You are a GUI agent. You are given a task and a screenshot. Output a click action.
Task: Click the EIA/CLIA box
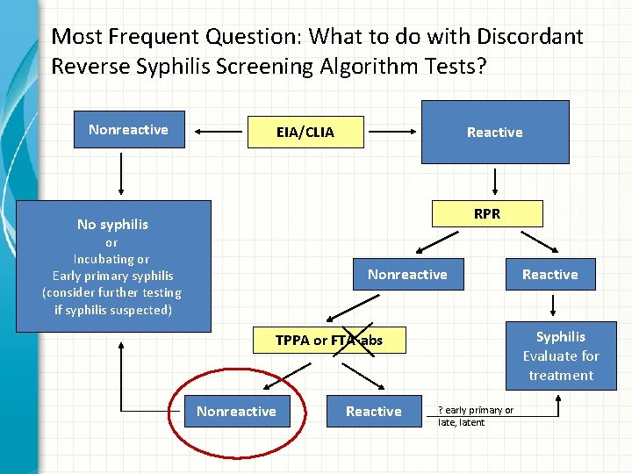pyautogui.click(x=305, y=133)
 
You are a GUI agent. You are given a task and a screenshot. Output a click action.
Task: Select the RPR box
pyautogui.click(x=487, y=213)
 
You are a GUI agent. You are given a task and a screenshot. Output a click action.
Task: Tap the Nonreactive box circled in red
pyautogui.click(x=236, y=412)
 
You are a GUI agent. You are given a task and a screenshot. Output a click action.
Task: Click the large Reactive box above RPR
pyautogui.click(x=494, y=133)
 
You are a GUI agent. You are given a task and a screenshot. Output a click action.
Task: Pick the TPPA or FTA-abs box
pyautogui.click(x=328, y=341)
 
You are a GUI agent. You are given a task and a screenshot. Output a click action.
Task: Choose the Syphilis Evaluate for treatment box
pyautogui.click(x=561, y=355)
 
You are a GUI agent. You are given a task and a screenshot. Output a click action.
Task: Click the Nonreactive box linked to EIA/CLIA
pyautogui.click(x=128, y=130)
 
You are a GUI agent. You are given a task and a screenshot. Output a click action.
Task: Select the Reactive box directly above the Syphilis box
pyautogui.click(x=550, y=275)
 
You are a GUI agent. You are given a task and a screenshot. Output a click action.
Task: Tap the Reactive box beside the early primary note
pyautogui.click(x=373, y=412)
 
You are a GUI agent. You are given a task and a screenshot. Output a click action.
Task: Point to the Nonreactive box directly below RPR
pyautogui.click(x=407, y=275)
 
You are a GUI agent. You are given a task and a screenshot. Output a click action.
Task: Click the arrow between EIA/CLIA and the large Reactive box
pyautogui.click(x=392, y=133)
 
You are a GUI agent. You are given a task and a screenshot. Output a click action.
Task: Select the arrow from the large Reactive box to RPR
pyautogui.click(x=496, y=182)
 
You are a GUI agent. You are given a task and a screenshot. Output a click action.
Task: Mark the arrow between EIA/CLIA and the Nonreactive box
pyautogui.click(x=218, y=133)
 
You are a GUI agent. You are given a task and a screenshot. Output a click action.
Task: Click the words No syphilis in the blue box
pyautogui.click(x=112, y=225)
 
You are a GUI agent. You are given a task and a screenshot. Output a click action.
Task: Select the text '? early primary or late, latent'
pyautogui.click(x=475, y=416)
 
